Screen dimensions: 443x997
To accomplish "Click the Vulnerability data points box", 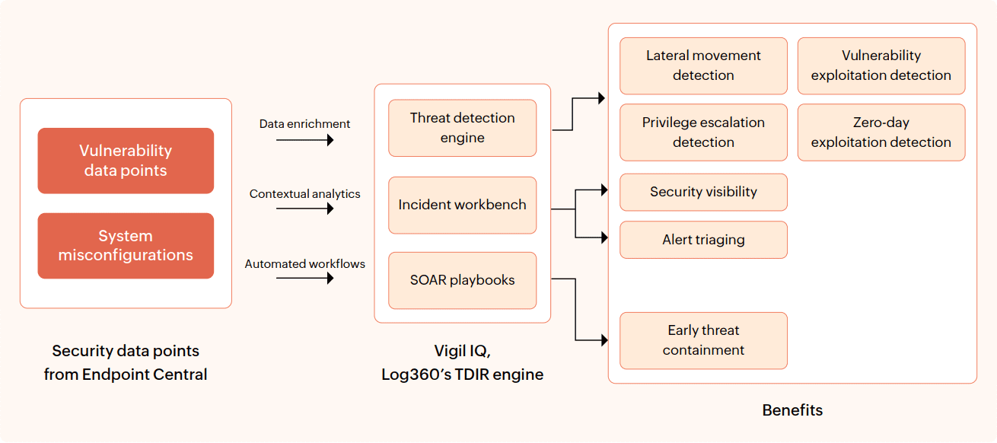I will [x=126, y=161].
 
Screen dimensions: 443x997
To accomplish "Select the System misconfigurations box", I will [x=126, y=246].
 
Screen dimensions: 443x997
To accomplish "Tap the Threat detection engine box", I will [x=462, y=128].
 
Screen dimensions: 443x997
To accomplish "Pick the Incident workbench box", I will [x=462, y=206].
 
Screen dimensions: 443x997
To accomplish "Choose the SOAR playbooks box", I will [x=462, y=280].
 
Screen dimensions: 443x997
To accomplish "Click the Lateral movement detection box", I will [x=703, y=65].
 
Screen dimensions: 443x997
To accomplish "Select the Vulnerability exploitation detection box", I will [x=881, y=65].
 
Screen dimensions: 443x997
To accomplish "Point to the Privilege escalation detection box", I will [x=703, y=132].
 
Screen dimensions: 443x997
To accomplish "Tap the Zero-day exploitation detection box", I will [x=881, y=132].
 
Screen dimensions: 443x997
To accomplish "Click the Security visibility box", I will [x=703, y=192].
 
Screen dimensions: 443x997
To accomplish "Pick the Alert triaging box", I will [x=703, y=240].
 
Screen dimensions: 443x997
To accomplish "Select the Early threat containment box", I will [x=703, y=340].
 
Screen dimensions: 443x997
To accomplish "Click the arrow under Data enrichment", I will [x=305, y=140].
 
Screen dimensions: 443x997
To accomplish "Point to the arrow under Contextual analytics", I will [x=305, y=208].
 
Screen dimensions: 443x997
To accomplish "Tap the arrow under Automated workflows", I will [x=305, y=278].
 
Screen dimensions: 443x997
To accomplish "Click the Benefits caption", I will [x=792, y=410].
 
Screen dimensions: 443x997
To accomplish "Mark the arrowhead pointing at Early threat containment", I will [x=604, y=339].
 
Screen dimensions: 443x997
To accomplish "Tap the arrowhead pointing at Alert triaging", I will [x=604, y=237].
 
